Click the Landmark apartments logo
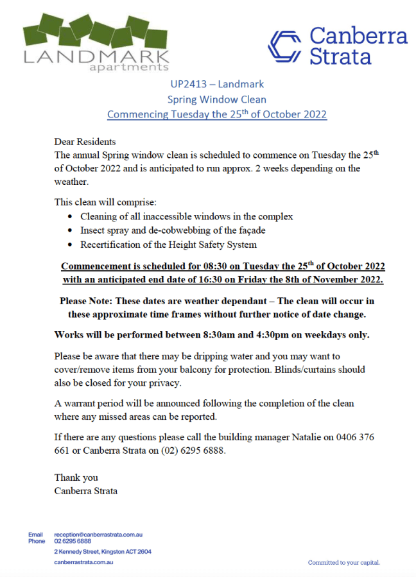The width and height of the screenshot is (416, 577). coord(96,42)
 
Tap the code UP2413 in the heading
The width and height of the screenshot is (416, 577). coord(190,84)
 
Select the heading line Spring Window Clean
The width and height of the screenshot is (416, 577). coord(216,99)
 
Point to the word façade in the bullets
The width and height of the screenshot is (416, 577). coord(250,230)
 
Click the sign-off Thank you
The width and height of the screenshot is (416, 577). coord(76,478)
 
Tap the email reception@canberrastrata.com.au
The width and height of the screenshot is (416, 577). coord(98,534)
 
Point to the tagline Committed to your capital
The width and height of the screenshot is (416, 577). coord(344,562)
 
